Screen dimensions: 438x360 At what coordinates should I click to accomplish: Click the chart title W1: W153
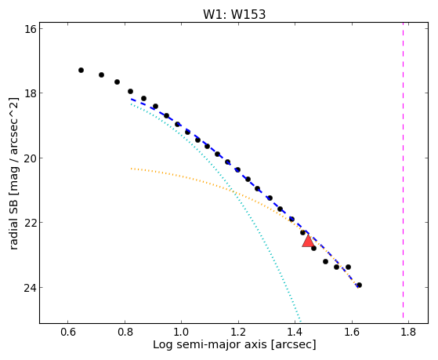click(x=234, y=15)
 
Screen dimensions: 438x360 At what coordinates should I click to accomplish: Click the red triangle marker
click(x=308, y=242)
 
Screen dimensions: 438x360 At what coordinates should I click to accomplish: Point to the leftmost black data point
click(x=81, y=71)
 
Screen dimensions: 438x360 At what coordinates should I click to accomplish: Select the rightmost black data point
click(x=359, y=285)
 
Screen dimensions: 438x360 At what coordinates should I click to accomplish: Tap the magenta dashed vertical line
click(x=403, y=170)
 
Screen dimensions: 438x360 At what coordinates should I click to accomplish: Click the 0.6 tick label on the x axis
click(x=68, y=332)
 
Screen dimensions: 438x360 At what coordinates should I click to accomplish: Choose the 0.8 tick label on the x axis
click(x=125, y=332)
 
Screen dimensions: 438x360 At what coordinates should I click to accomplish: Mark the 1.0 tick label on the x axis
click(x=182, y=332)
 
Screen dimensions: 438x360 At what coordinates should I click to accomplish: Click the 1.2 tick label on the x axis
click(x=238, y=332)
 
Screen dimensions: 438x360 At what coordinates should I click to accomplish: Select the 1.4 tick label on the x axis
click(x=295, y=332)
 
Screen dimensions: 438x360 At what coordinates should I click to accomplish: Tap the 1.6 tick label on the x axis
click(x=352, y=332)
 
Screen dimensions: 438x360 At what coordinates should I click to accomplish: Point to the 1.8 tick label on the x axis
click(x=408, y=332)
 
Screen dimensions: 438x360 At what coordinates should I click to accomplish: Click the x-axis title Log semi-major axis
click(x=210, y=344)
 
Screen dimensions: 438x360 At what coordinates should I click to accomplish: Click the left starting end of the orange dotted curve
click(x=132, y=169)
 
